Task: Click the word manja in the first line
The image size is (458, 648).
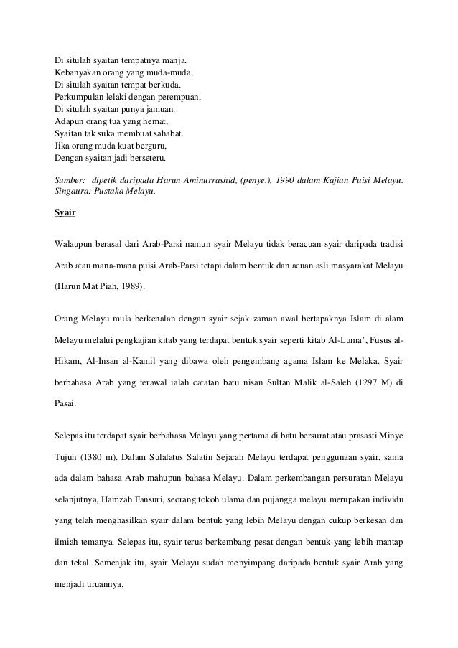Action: (x=180, y=60)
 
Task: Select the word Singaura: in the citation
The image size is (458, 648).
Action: (x=73, y=191)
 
